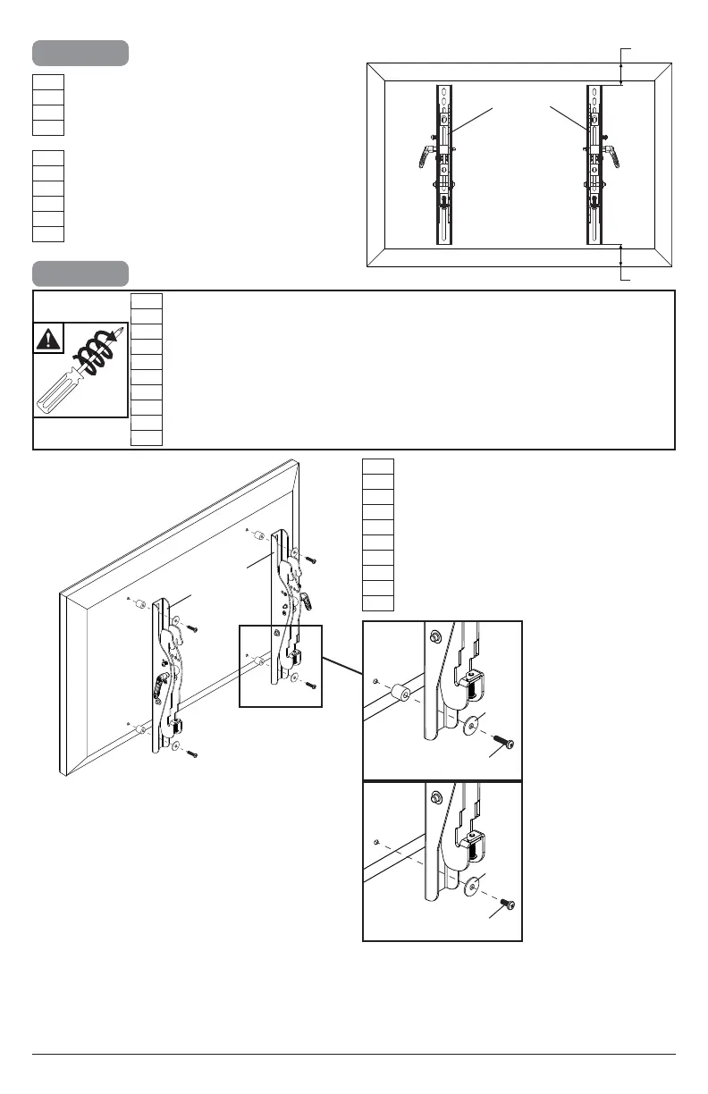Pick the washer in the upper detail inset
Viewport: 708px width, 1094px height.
pyautogui.click(x=469, y=722)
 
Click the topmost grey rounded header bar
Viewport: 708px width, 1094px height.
pyautogui.click(x=80, y=53)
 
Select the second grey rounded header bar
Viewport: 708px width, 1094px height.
pyautogui.click(x=80, y=273)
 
